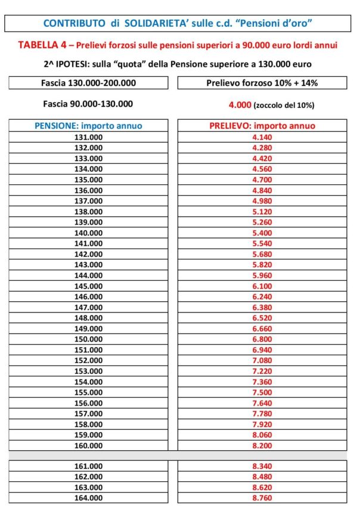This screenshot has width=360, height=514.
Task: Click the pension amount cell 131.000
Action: [88, 137]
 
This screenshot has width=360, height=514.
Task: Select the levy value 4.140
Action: [262, 137]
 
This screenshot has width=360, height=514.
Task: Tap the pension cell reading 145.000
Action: [88, 286]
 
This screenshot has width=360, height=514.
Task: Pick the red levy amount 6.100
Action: [262, 286]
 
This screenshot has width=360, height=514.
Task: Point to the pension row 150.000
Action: [88, 339]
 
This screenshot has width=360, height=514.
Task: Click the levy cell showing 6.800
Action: [262, 339]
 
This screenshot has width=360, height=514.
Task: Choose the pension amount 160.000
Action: [88, 445]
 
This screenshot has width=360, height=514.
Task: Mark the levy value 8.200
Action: [262, 445]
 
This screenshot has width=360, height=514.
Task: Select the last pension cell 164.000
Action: [88, 498]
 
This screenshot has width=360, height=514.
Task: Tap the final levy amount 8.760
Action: [262, 498]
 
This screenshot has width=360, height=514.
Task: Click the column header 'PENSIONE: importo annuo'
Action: [88, 126]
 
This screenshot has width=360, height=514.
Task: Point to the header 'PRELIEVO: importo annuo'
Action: [262, 126]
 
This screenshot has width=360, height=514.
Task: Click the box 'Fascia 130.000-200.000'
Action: [88, 83]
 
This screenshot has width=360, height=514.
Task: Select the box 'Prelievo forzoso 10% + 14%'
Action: [262, 83]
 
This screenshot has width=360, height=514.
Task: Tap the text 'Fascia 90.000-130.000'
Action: [88, 104]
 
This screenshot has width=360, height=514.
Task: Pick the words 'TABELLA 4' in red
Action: [39, 45]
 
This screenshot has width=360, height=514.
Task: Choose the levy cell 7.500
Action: [262, 392]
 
